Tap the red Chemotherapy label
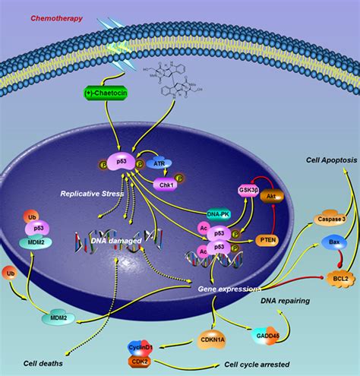55,17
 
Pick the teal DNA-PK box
219,213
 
